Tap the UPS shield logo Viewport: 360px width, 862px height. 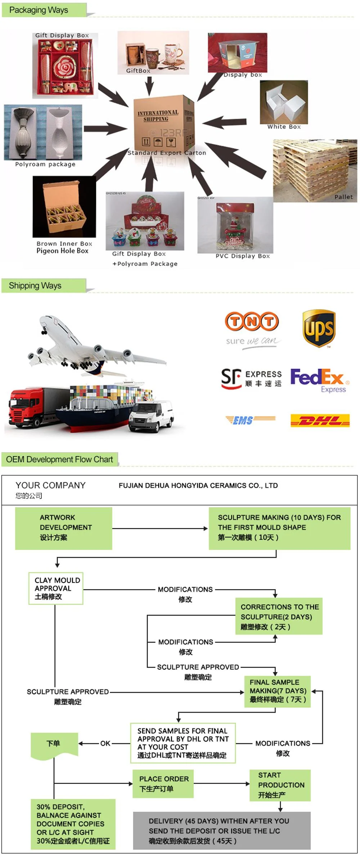point(319,328)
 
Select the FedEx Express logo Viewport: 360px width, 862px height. point(319,380)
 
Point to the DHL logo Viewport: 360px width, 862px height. point(320,420)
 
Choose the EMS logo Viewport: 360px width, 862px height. point(250,420)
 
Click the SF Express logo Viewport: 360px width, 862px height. point(251,379)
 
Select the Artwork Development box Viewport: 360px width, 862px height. point(63,528)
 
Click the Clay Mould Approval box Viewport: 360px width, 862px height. point(56,588)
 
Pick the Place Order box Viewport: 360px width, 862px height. point(163,784)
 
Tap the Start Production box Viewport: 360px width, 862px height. point(280,785)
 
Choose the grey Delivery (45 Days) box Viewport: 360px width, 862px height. point(221,831)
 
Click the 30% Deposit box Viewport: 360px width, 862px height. point(73,824)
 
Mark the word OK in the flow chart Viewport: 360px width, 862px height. point(105,743)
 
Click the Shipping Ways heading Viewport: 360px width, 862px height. point(35,286)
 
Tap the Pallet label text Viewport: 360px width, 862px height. point(343,197)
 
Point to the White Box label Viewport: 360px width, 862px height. point(284,127)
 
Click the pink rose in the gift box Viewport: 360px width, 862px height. point(65,67)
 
